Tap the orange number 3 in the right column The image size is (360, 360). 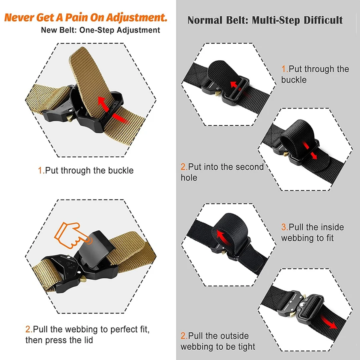[284, 227]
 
